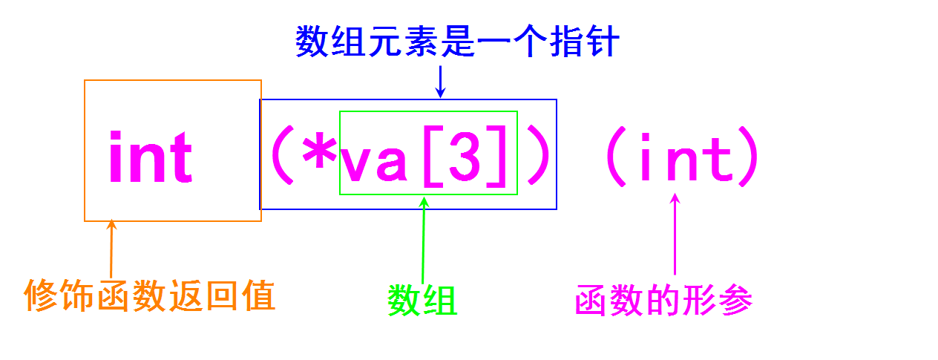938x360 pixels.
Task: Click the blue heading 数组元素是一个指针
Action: pos(456,42)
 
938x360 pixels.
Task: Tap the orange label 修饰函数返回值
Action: pos(150,295)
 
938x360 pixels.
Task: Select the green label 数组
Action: pos(422,300)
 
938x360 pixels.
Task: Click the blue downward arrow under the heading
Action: pos(440,82)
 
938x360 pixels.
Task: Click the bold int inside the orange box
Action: pos(151,157)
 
